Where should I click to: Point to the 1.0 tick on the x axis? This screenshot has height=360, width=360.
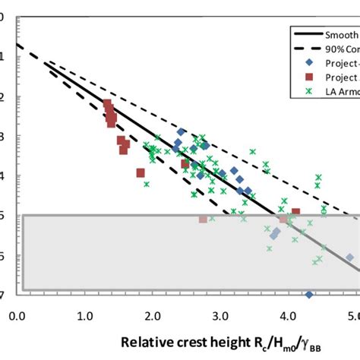pos(84,314)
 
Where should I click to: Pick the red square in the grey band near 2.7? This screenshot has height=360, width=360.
pos(203,219)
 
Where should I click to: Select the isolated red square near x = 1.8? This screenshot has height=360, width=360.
pos(141,173)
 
